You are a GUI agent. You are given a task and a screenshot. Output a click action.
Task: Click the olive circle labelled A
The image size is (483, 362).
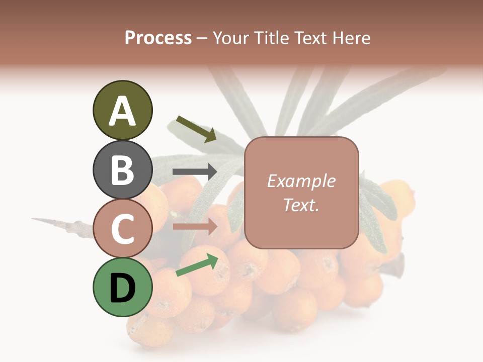click(x=123, y=111)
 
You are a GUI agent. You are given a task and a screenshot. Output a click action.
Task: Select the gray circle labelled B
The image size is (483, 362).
click(x=123, y=169)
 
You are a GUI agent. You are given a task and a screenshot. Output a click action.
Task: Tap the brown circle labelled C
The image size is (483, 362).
click(x=123, y=228)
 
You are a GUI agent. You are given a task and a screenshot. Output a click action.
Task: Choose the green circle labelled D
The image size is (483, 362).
click(x=123, y=287)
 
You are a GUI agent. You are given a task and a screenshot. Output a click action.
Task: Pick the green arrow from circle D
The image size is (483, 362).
click(x=197, y=265)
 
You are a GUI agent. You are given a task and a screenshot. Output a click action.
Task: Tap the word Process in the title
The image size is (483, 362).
click(x=158, y=38)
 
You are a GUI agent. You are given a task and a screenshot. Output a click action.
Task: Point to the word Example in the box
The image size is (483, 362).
click(x=301, y=181)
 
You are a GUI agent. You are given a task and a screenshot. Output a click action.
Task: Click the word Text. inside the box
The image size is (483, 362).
click(x=301, y=205)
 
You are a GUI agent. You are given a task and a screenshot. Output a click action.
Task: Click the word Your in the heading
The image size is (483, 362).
click(x=229, y=38)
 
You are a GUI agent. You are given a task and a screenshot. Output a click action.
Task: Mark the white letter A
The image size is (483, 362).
click(x=123, y=111)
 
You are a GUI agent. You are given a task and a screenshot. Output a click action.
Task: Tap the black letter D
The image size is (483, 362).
click(x=123, y=288)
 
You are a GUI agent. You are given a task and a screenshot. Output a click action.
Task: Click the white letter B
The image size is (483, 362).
click(x=123, y=170)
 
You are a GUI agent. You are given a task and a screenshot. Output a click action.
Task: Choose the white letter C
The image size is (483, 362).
click(x=123, y=229)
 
